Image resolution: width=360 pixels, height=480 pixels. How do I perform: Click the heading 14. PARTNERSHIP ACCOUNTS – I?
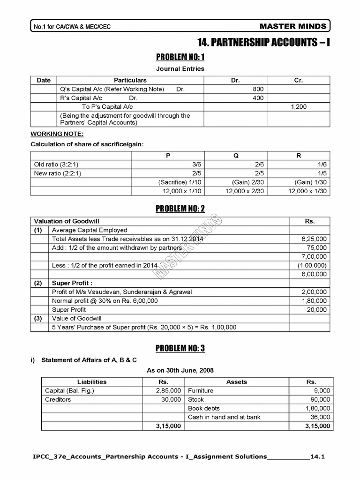264,43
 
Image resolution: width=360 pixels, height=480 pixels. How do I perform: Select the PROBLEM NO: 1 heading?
180,57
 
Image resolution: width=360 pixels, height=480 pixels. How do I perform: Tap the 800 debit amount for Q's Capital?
258,89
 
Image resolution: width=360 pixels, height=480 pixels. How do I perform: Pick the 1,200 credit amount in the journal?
299,107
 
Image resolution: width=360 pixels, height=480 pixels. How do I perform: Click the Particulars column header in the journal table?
130,80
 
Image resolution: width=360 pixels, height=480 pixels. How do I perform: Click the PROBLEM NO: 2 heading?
180,209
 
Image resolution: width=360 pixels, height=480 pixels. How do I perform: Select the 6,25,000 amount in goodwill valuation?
315,239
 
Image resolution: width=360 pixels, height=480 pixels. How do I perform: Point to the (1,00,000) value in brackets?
313,265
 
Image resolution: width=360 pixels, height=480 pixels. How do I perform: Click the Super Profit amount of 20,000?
317,309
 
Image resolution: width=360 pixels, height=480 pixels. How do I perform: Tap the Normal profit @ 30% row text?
105,300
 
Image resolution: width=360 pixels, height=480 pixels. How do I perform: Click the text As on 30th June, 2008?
180,370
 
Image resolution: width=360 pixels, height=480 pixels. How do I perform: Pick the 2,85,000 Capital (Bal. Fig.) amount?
168,390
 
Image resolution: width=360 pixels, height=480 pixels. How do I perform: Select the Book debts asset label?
203,408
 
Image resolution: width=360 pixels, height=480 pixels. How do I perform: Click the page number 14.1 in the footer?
317,456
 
